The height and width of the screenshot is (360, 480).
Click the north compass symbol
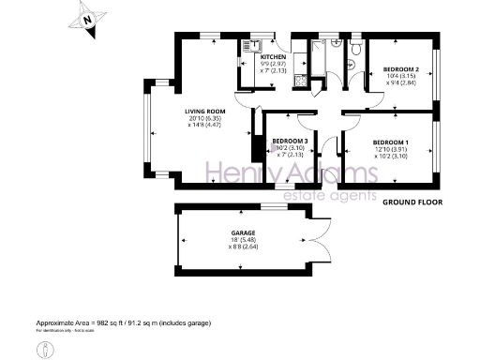tap(87, 18)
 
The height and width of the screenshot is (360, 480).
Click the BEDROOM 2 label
tap(400, 68)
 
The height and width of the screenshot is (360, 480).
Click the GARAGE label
tap(245, 232)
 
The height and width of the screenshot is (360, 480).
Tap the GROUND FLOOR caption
tap(412, 201)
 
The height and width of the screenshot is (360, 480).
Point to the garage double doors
tap(322, 243)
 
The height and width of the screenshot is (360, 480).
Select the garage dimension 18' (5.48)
tap(245, 240)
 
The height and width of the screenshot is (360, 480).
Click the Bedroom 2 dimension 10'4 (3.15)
tap(400, 77)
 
